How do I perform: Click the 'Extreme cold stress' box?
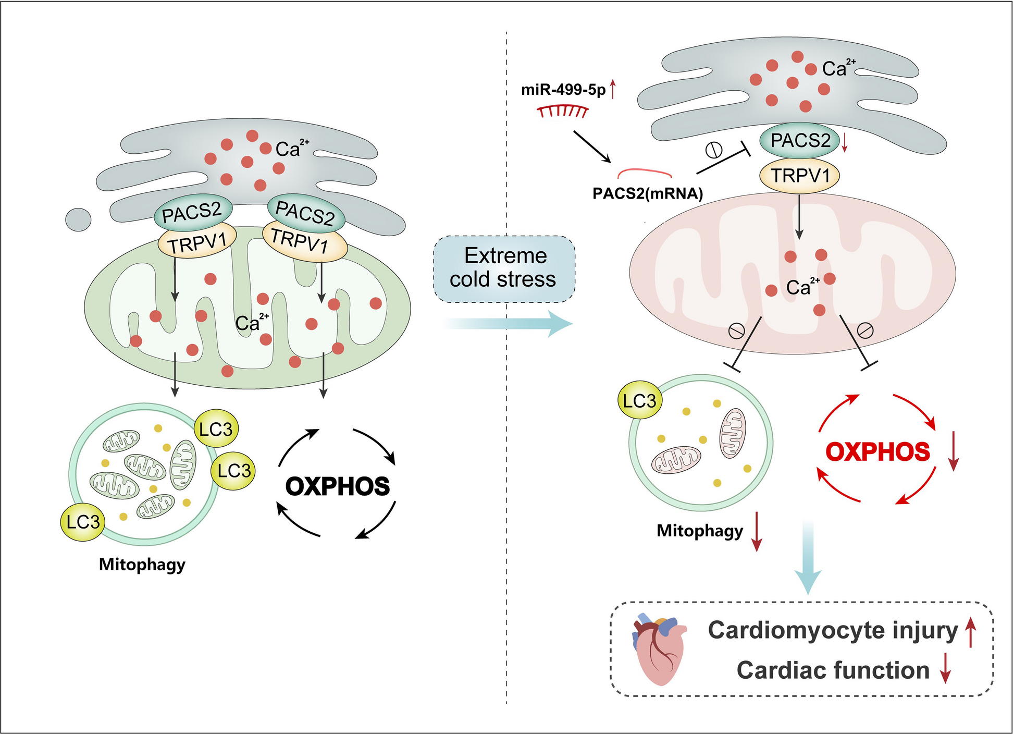[x=504, y=268]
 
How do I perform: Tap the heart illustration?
[x=657, y=649]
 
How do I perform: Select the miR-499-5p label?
[x=563, y=90]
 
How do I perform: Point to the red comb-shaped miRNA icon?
[x=563, y=111]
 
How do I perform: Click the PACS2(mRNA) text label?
[x=648, y=194]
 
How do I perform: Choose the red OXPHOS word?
[x=877, y=452]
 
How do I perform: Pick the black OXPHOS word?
[x=337, y=486]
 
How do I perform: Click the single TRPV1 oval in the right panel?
[x=800, y=176]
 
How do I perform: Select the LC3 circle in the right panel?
[x=639, y=401]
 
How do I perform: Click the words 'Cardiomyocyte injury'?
[x=832, y=630]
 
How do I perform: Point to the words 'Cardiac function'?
[x=833, y=670]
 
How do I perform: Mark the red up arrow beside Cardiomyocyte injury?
[x=970, y=632]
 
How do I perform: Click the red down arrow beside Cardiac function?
[x=945, y=668]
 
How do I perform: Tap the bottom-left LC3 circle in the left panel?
[x=83, y=522]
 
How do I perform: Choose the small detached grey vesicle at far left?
[x=78, y=219]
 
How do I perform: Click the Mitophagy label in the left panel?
[x=142, y=565]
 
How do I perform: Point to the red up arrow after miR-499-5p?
[x=613, y=89]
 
